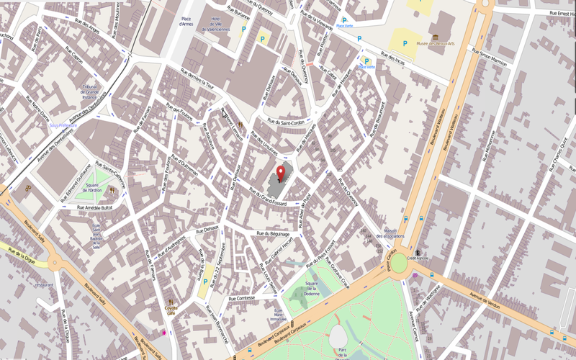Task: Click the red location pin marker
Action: coord(281,173)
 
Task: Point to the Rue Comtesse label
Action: coord(241,298)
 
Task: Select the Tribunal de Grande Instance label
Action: coord(90,89)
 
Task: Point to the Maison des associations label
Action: coord(395,233)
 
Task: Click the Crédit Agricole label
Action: coord(418,257)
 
